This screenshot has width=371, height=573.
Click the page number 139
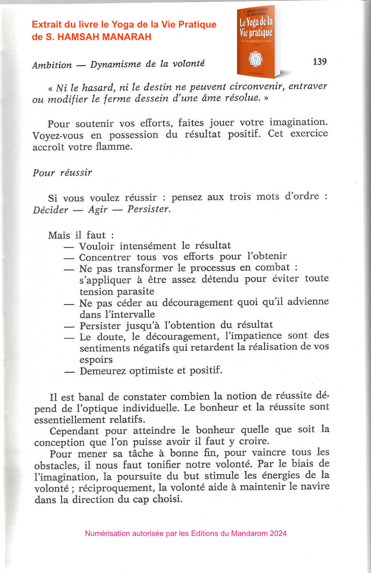pyautogui.click(x=320, y=62)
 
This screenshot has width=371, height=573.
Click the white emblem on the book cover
pyautogui.click(x=256, y=59)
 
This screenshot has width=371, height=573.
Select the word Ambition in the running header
pyautogui.click(x=52, y=65)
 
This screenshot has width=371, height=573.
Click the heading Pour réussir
pyautogui.click(x=62, y=172)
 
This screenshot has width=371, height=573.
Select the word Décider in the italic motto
pyautogui.click(x=51, y=210)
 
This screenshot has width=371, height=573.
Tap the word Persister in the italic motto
pyautogui.click(x=148, y=209)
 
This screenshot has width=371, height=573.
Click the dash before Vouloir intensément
pyautogui.click(x=69, y=247)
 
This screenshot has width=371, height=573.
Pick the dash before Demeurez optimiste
pyautogui.click(x=69, y=372)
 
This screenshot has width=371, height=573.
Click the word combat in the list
pyautogui.click(x=272, y=267)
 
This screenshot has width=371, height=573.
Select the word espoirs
pyautogui.click(x=96, y=359)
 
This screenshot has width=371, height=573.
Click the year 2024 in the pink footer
pyautogui.click(x=278, y=533)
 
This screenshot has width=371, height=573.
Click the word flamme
pyautogui.click(x=113, y=147)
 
